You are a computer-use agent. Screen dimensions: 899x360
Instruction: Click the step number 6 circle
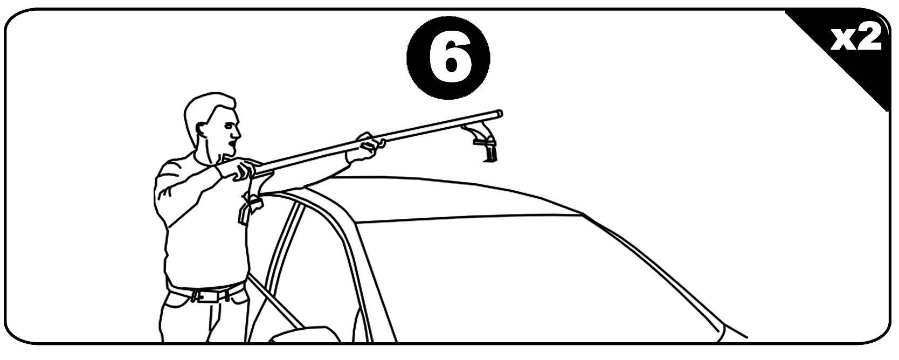tap(448, 58)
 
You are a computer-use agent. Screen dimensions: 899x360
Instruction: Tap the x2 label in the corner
tap(855, 38)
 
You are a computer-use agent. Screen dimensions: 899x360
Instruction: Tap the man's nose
tap(238, 133)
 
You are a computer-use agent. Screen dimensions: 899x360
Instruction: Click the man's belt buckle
tap(200, 296)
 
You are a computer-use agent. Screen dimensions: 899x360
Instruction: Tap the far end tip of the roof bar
tap(499, 114)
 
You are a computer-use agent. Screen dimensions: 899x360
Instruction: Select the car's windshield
tap(534, 277)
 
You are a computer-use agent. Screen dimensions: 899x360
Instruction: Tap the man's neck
tap(209, 154)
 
